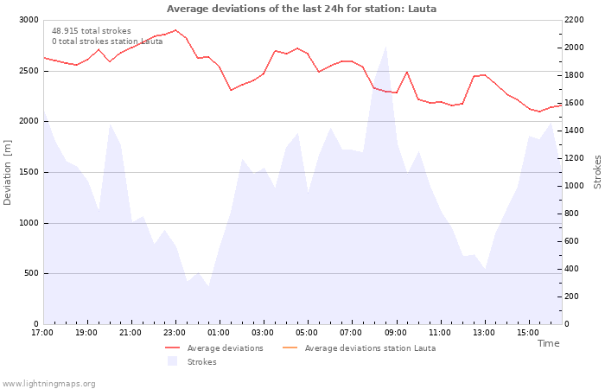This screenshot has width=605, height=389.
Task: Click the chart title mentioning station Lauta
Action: click(302, 9)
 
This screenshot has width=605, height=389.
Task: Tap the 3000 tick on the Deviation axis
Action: click(29, 20)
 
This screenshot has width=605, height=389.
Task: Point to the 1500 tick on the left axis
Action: click(29, 172)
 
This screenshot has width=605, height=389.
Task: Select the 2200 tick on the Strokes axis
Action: click(574, 20)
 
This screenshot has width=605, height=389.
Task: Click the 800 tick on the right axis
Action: click(572, 214)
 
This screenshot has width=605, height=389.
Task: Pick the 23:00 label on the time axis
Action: click(175, 333)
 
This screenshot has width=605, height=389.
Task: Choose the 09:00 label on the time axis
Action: click(396, 333)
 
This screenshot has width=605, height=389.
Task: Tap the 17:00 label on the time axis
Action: click(42, 333)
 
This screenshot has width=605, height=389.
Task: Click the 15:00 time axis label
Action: click(528, 333)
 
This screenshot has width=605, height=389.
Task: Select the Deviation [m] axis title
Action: click(7, 172)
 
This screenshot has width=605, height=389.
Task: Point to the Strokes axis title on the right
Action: click(597, 172)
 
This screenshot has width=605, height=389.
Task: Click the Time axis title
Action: click(548, 343)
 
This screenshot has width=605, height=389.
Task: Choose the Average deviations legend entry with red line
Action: click(214, 348)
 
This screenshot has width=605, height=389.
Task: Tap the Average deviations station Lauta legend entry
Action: click(360, 348)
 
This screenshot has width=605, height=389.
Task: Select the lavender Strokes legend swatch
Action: click(172, 361)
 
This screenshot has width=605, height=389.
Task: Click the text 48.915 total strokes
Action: click(92, 31)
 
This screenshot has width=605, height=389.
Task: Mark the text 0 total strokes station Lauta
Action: click(107, 41)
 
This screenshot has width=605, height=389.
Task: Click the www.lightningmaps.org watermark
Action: click(48, 384)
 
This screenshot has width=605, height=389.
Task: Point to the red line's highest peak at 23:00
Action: click(175, 29)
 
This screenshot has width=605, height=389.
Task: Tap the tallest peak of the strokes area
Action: click(385, 47)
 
